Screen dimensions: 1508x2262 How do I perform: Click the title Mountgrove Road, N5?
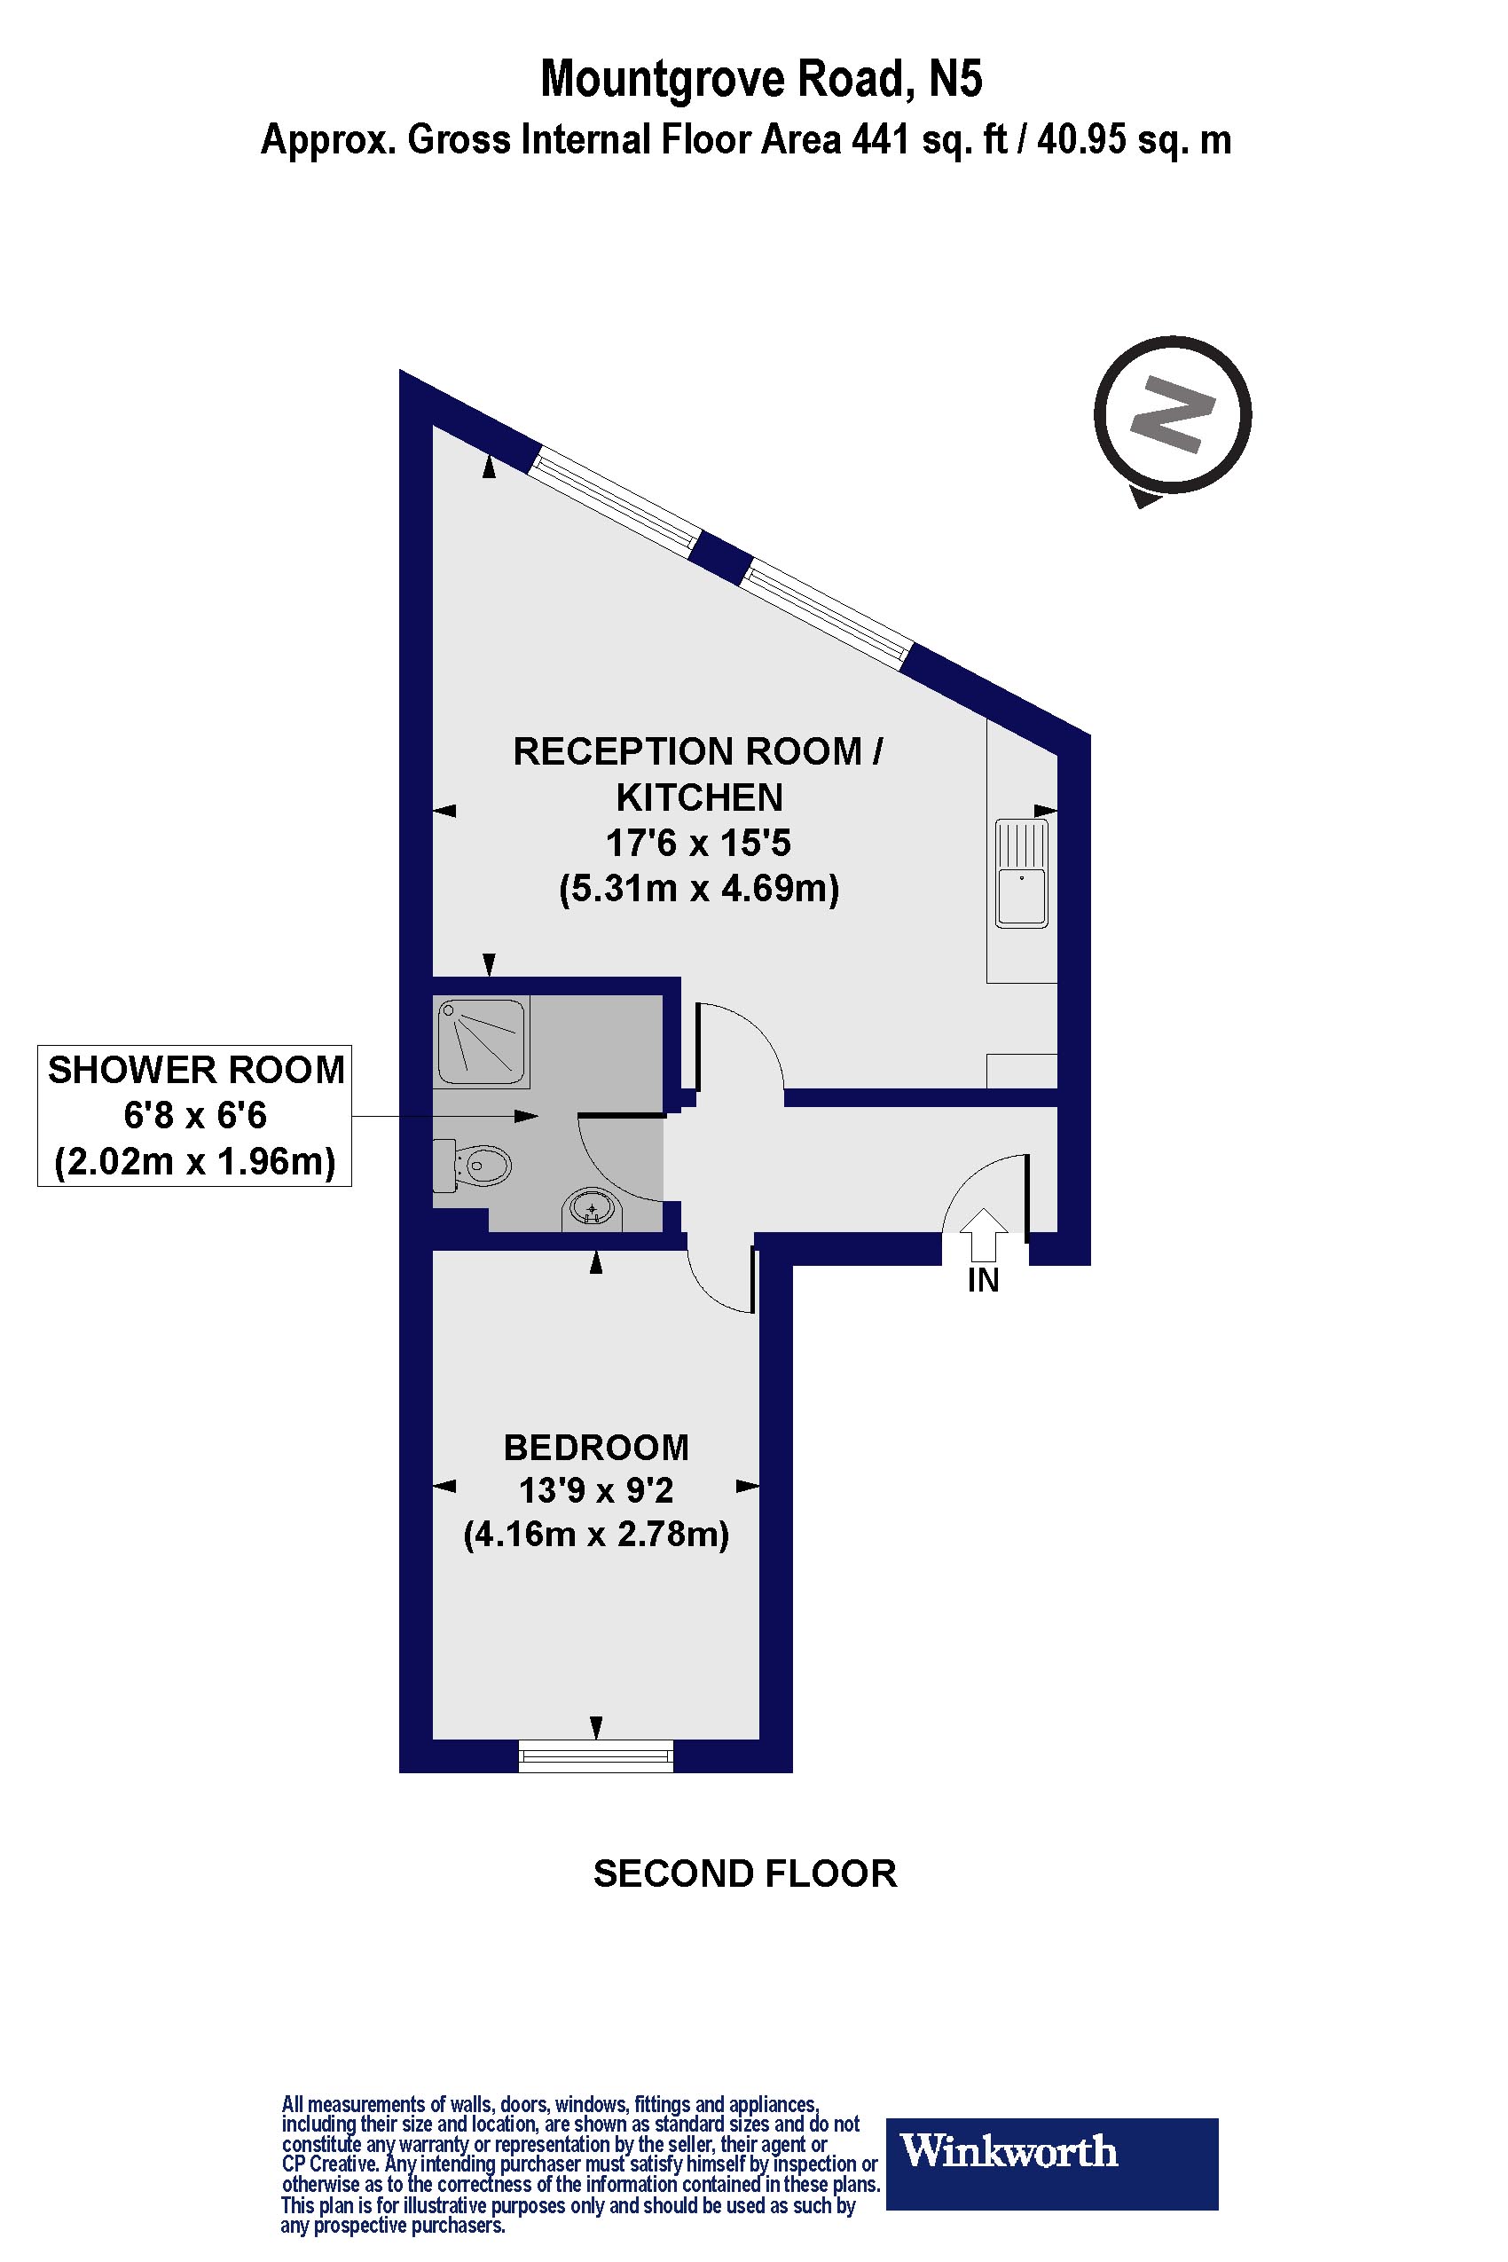tap(761, 79)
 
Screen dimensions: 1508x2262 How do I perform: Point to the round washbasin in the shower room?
tap(592, 1209)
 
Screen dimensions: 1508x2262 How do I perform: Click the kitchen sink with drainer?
tap(1021, 873)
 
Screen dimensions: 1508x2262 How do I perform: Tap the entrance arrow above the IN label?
tap(983, 1234)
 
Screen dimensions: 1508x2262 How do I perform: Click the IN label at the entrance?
tap(983, 1281)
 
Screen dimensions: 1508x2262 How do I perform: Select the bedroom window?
tap(596, 1757)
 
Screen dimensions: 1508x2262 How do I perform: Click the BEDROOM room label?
tap(596, 1448)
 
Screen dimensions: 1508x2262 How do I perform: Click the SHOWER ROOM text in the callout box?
tap(196, 1071)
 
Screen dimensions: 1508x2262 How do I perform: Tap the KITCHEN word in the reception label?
tap(699, 797)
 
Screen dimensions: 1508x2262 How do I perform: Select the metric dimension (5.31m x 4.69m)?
tap(699, 888)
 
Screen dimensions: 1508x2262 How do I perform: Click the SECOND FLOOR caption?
tap(745, 1873)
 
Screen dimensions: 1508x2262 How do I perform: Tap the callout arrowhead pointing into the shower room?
tap(526, 1117)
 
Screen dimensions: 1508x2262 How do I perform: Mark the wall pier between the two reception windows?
tap(720, 559)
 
